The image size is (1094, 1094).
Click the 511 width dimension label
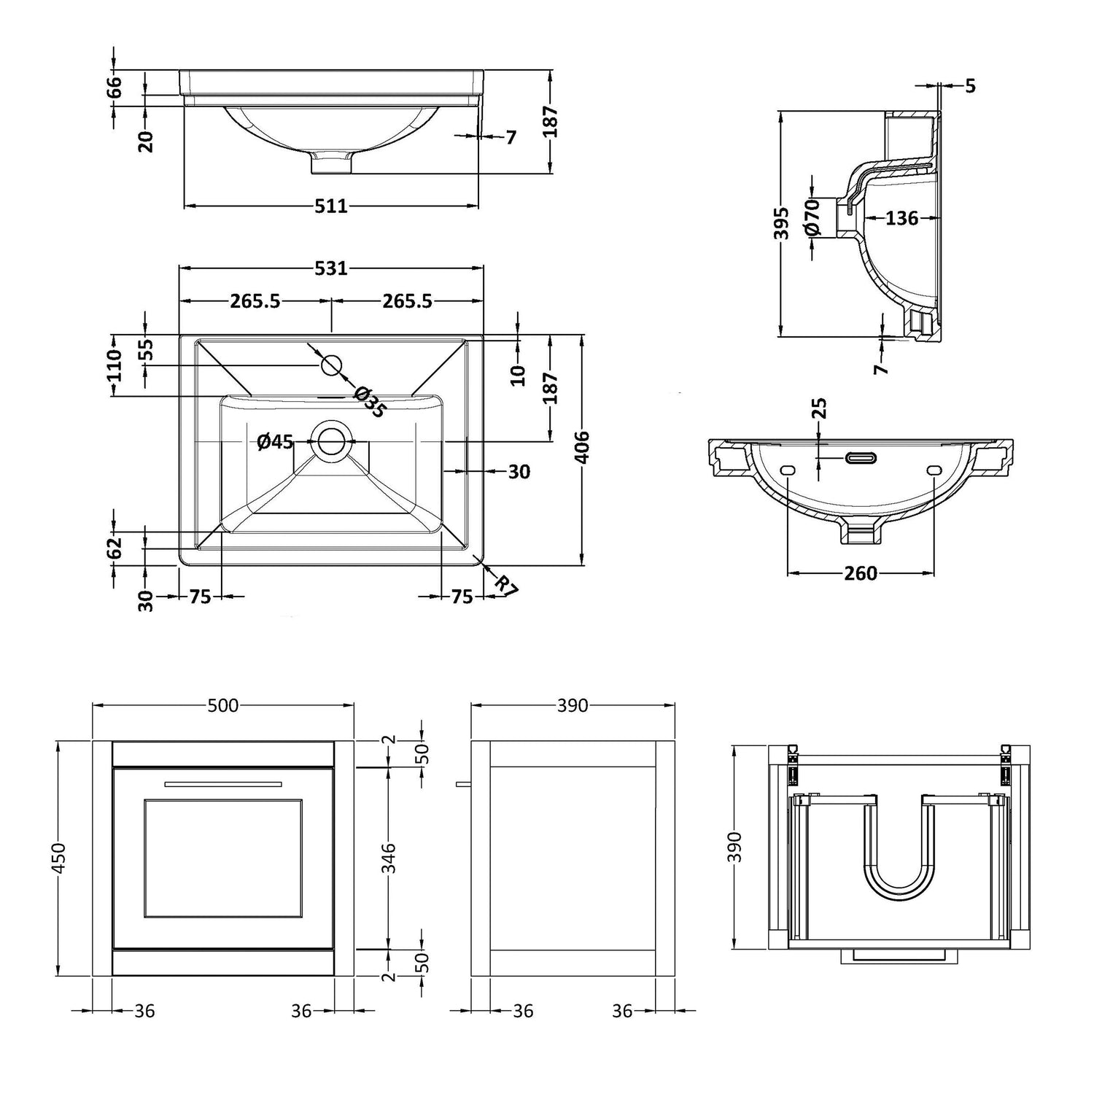pyautogui.click(x=330, y=206)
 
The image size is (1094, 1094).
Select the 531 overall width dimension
pyautogui.click(x=330, y=269)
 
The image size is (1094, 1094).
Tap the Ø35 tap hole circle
pyautogui.click(x=332, y=364)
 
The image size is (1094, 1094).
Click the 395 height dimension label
pyautogui.click(x=780, y=223)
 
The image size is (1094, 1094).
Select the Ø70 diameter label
pyautogui.click(x=814, y=217)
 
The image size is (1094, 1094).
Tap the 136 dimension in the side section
pyautogui.click(x=901, y=217)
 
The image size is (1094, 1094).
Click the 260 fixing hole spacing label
pyautogui.click(x=861, y=573)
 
